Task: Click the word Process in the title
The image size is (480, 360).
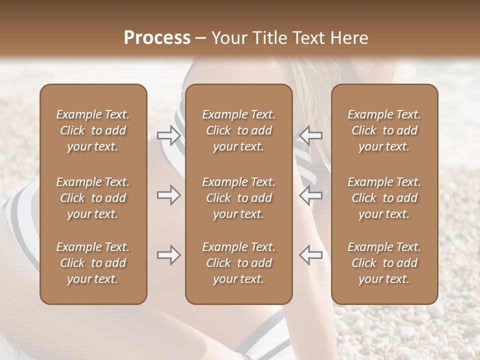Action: (157, 38)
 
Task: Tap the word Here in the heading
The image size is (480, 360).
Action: (350, 38)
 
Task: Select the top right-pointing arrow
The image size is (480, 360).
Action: (168, 135)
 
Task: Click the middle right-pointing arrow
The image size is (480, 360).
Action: (168, 195)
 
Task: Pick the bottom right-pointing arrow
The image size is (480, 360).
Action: (168, 255)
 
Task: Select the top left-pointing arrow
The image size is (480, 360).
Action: (310, 135)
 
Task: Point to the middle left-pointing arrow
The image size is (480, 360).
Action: (310, 195)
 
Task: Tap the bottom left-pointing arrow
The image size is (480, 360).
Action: (310, 255)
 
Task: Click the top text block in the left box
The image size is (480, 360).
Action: (93, 130)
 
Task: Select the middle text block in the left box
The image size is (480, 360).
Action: (93, 198)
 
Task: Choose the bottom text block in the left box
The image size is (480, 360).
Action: (93, 263)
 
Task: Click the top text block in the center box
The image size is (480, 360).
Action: (238, 130)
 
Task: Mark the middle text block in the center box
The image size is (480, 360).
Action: (238, 198)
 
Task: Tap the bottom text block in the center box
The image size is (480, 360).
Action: (238, 263)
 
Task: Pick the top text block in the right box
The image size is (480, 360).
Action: (384, 130)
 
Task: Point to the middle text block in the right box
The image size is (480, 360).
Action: (384, 198)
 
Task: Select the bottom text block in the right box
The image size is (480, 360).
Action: (384, 263)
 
